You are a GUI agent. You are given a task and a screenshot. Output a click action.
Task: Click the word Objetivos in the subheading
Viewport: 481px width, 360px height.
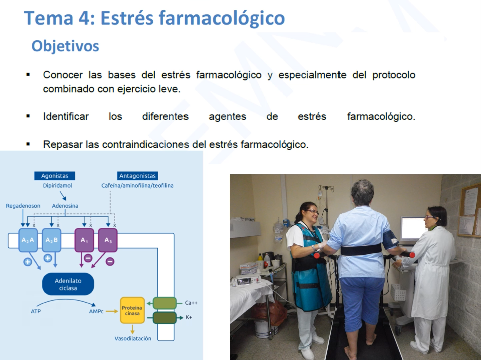pos(65,46)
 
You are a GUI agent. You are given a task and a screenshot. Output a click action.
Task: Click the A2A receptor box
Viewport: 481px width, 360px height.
pos(28,240)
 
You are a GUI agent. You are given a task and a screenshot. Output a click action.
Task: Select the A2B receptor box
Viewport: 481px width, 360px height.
pos(51,240)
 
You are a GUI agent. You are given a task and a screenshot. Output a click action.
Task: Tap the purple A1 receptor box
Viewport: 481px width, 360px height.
pos(85,240)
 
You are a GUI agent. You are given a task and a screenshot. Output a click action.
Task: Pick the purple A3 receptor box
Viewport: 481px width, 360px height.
pos(108,240)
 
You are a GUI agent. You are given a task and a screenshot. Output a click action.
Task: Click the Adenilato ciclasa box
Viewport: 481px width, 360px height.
pos(68,284)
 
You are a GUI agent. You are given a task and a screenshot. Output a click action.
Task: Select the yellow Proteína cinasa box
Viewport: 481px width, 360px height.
pos(132,310)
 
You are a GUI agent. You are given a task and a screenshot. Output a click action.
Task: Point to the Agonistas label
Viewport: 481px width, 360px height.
pos(54,176)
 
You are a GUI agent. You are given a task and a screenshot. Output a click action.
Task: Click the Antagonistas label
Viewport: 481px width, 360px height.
pos(137,176)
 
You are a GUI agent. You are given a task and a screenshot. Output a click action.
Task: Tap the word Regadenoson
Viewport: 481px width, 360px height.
pos(23,206)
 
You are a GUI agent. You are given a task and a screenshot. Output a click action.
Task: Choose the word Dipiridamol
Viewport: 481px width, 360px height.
pos(57,186)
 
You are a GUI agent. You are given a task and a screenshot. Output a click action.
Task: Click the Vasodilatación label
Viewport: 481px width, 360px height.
pos(133,339)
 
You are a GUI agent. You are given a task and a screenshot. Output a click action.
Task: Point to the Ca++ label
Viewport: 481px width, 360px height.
pos(191,303)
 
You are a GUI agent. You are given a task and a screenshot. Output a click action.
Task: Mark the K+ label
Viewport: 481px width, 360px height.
pos(189,317)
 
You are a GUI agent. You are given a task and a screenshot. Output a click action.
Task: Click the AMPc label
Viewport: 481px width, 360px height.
pos(96,311)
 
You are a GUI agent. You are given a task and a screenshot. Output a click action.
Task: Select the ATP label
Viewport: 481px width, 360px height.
pos(36,311)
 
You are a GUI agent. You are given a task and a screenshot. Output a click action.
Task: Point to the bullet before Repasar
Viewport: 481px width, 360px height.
pos(28,144)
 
